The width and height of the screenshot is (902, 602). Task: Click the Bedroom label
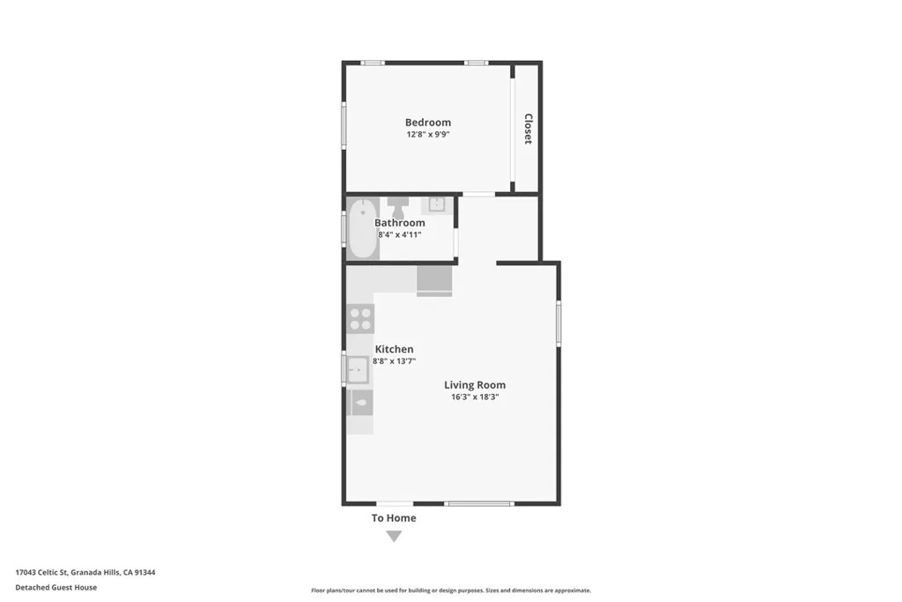427,123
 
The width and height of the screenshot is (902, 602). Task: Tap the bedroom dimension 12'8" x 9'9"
427,135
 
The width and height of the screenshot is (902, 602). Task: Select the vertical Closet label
528,129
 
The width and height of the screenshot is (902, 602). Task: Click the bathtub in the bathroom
362,229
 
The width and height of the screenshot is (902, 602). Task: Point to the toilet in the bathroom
397,207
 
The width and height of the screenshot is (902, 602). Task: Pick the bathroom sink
436,205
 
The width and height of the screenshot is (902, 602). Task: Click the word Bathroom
399,223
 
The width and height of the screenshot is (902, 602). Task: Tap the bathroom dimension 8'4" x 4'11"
399,235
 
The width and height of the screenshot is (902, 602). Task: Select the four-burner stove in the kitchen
360,318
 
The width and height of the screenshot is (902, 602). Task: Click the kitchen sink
358,369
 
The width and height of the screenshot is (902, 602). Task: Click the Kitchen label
394,349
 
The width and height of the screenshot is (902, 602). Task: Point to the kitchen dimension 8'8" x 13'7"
394,361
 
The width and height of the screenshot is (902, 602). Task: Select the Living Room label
474,384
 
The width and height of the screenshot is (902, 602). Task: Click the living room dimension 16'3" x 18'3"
474,398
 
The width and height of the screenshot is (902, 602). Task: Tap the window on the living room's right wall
558,323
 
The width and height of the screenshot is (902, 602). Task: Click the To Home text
394,517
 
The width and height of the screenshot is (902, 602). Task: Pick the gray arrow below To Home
394,536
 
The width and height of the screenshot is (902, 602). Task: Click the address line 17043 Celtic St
85,572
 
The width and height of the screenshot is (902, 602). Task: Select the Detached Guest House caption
55,587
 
